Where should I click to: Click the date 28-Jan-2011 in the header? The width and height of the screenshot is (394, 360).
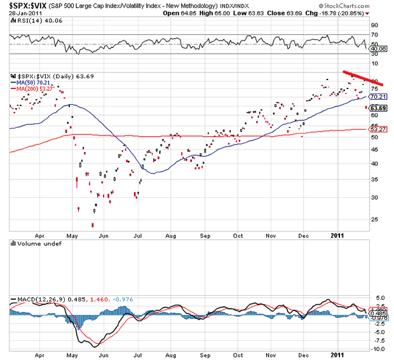(26, 13)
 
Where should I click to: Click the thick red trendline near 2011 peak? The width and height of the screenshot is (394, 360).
(362, 78)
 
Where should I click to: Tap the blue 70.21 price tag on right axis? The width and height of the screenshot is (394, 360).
(379, 96)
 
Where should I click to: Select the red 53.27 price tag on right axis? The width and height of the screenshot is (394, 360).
(379, 129)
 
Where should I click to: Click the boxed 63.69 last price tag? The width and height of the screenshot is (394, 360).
(379, 108)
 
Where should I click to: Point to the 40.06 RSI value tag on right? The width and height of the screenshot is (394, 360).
(379, 48)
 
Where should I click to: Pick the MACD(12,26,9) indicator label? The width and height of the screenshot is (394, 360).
(36, 299)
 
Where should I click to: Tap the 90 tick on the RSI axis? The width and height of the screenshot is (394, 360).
(374, 25)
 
